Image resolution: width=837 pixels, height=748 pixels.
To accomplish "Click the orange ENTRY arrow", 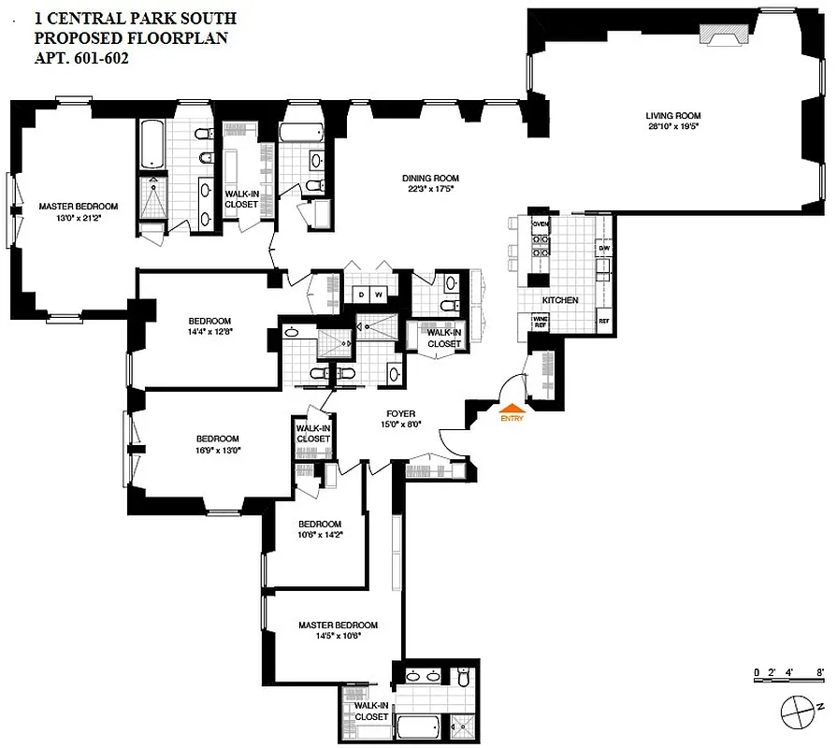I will (x=511, y=409).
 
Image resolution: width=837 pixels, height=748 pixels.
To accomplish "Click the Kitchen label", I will (x=559, y=300).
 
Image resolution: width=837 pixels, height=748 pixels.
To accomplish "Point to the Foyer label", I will (x=400, y=413).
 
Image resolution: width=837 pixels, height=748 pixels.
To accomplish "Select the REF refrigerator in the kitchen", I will (x=603, y=321).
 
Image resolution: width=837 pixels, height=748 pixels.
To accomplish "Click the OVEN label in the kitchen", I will (x=540, y=225).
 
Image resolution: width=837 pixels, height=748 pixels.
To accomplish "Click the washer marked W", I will (x=379, y=295).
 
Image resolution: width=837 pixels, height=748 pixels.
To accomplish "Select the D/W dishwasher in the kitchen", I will (x=603, y=248).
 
